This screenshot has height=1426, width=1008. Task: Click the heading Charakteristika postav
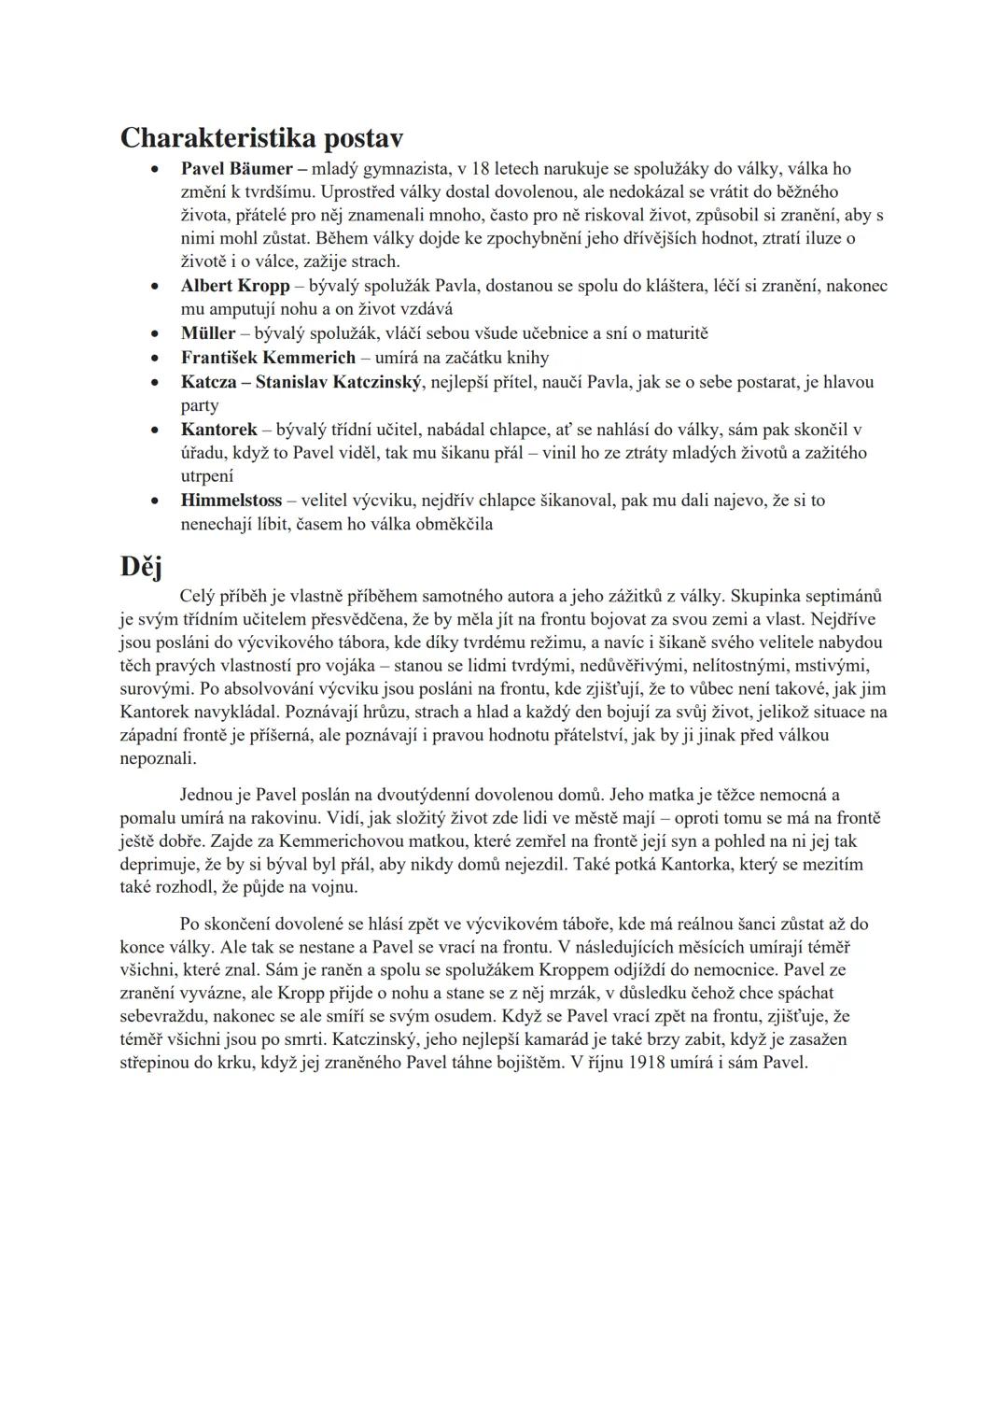(x=261, y=138)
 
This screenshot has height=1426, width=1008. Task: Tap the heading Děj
(x=141, y=566)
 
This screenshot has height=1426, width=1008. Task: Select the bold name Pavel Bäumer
(x=237, y=169)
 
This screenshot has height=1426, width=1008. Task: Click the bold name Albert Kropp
(x=235, y=286)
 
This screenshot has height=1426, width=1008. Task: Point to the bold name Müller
(x=208, y=333)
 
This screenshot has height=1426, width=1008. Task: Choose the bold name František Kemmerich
(x=268, y=358)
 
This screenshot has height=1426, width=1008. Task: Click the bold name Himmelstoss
(x=231, y=501)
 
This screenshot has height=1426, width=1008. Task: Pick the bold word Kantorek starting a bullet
(x=219, y=430)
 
